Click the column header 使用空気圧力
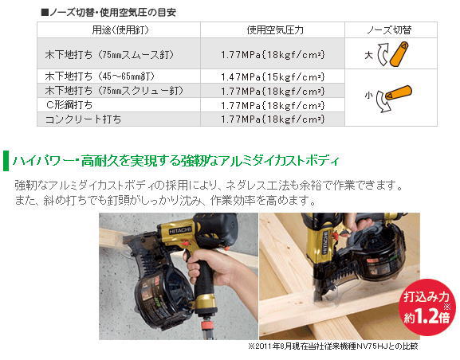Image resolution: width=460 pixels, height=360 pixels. [275, 30]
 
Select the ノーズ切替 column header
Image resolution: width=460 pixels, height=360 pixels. [390, 30]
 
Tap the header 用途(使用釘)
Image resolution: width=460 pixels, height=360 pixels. [120, 30]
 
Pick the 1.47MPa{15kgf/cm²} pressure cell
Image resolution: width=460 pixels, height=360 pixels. [273, 76]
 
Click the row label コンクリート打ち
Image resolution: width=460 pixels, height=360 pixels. [83, 119]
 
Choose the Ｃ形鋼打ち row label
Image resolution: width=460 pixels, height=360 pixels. [69, 105]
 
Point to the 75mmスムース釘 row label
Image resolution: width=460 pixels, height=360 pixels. [109, 55]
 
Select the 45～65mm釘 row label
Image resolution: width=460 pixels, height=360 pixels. [100, 76]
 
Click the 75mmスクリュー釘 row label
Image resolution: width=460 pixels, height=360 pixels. [114, 91]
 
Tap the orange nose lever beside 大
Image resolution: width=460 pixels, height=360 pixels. [399, 54]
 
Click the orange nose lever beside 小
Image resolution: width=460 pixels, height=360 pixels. [399, 92]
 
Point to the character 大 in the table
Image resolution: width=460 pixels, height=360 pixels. [369, 55]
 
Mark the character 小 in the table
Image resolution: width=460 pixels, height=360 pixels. [368, 96]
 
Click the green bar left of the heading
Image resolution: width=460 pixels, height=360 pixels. [6, 160]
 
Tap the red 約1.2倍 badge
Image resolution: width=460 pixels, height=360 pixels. [427, 307]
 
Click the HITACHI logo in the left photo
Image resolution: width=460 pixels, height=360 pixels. [180, 230]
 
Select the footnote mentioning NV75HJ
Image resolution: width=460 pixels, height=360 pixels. [333, 346]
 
